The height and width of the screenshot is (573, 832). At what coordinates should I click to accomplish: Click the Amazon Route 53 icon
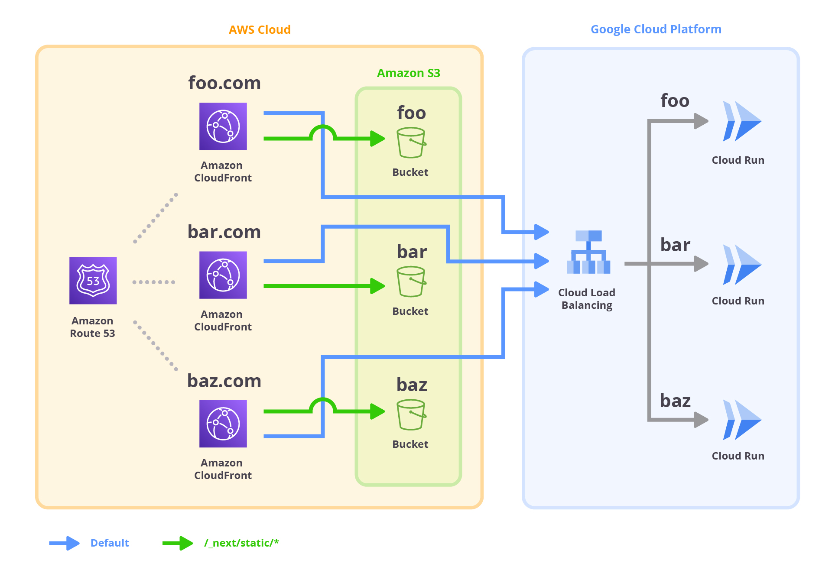pos(93,280)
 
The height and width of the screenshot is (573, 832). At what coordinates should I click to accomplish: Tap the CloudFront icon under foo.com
pos(223,126)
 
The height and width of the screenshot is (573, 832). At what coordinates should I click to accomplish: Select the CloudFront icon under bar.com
pos(223,275)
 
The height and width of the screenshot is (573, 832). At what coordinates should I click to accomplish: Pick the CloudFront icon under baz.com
pos(223,424)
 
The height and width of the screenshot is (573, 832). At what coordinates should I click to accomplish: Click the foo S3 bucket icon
pos(411,142)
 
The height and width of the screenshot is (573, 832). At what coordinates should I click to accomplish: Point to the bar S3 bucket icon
pos(411,282)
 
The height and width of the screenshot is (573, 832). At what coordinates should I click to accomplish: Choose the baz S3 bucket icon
pos(411,414)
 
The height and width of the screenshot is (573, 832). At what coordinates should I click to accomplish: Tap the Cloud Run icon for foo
pos(741,121)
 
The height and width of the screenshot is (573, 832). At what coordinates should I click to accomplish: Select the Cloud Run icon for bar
pos(741,265)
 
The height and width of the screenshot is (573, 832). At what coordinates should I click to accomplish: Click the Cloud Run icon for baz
pos(741,420)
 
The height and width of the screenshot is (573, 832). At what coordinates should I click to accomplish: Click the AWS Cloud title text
pos(260,29)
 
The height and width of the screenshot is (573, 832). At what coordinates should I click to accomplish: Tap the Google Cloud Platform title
pos(656,29)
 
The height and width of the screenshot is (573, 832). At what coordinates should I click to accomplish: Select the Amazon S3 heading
pos(408,73)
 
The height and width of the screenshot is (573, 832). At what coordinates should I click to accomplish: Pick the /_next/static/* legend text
pos(241,543)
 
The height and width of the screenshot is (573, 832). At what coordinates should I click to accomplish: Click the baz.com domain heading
pos(224,381)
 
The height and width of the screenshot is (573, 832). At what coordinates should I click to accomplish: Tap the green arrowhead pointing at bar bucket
pos(377,286)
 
